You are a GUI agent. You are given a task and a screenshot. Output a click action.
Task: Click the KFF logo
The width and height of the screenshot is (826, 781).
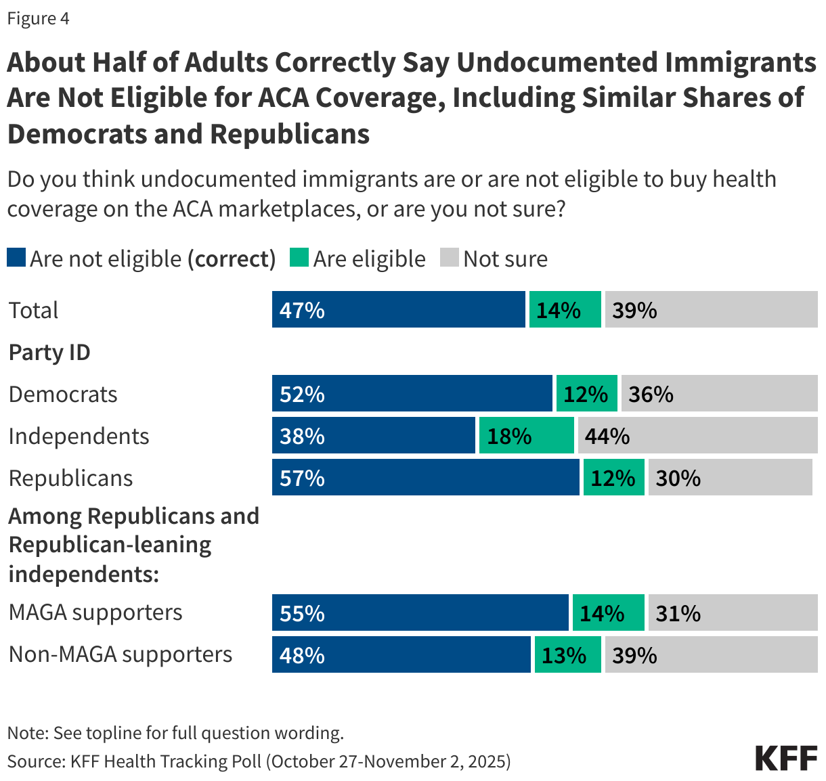pos(786,758)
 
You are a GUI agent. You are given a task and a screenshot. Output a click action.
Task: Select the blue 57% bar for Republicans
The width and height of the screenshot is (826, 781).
pos(425,477)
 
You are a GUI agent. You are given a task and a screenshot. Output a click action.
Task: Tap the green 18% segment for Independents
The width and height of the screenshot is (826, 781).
pos(526,435)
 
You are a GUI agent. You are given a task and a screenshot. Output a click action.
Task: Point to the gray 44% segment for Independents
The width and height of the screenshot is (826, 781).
pos(697,435)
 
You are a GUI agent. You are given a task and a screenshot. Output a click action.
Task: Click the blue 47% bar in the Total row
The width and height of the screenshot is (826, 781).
pos(398,309)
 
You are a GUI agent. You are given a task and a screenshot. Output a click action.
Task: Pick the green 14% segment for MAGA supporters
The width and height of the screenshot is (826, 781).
pos(608,612)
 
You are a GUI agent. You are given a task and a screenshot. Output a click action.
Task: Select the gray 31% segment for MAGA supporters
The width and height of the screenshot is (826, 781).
pos(733,612)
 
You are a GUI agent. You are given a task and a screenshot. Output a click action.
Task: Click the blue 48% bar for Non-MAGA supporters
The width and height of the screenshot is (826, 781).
pos(401,654)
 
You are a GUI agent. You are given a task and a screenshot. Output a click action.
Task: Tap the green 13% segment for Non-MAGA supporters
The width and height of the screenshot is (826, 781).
pos(567,654)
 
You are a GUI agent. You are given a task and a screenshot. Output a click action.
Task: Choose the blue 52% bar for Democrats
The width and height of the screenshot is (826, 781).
pos(412,393)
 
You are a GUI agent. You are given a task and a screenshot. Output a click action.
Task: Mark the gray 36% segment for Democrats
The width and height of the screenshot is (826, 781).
pos(719,393)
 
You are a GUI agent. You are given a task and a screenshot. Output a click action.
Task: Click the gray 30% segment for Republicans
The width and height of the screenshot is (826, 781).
pos(730,477)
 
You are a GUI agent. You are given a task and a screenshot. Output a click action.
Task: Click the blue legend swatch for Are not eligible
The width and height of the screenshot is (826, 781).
pos(16,258)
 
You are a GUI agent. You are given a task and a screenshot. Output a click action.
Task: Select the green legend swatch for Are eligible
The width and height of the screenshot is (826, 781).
pos(299,258)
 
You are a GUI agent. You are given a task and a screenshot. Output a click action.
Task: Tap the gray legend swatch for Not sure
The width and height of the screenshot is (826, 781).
pos(450,258)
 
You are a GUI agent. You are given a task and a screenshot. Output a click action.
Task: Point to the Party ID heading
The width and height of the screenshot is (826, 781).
pos(49,353)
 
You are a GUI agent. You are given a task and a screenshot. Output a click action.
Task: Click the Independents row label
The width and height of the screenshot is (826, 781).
pos(79,436)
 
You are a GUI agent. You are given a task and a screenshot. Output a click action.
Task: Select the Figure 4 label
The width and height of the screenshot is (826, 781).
pos(39,18)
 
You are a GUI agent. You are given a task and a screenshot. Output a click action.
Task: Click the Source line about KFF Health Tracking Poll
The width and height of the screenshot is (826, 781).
pos(259,761)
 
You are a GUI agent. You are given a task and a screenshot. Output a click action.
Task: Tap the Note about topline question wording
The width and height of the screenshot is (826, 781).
pos(175,733)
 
